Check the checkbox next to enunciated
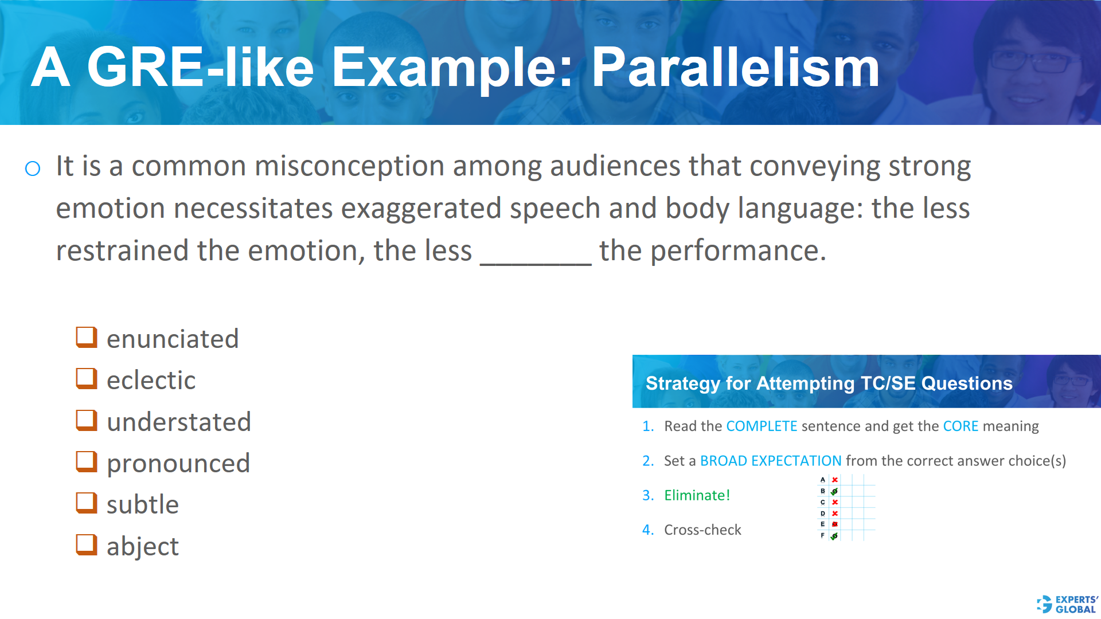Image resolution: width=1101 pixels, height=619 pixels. pos(87,337)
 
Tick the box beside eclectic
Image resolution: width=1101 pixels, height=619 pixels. pos(87,378)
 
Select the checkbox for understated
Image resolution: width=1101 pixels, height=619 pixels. pos(87,420)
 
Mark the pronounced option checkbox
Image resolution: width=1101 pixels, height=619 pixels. pos(87,461)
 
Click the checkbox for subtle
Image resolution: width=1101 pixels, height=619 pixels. pos(87,503)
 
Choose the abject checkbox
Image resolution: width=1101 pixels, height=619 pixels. pos(87,544)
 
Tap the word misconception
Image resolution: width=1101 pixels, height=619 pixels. pos(349,166)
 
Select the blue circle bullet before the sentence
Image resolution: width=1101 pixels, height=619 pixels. pos(33,169)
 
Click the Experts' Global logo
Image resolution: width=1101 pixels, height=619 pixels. pos(1067,604)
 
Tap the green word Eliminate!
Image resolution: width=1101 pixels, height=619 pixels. pos(697,495)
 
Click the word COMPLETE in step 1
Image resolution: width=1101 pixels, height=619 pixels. pos(762,426)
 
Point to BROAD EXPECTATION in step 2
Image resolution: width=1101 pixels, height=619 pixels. pos(771,461)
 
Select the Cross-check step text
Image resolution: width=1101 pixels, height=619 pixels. pos(702,530)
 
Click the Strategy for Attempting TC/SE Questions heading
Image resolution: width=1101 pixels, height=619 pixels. pos(829,383)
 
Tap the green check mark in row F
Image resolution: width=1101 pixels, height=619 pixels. pos(834,536)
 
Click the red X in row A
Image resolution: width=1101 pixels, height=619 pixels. pos(835,480)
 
